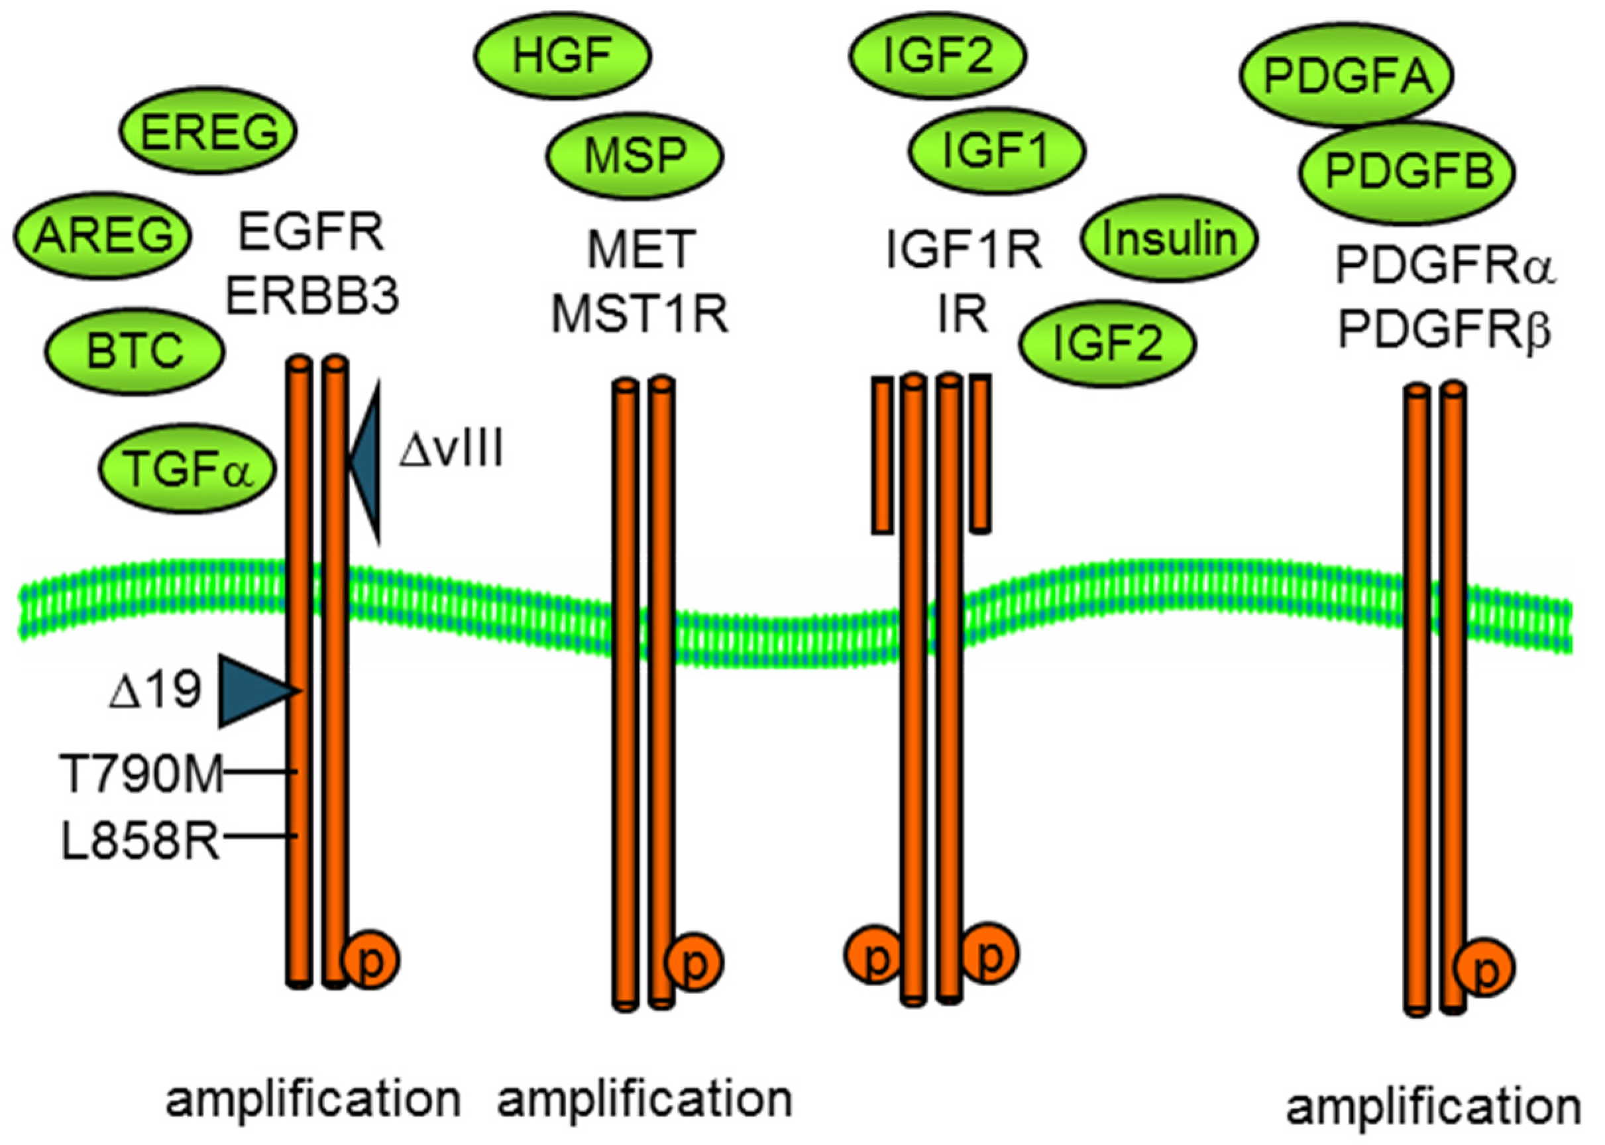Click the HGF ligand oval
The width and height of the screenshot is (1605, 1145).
point(562,55)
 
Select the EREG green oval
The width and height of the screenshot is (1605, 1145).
point(209,131)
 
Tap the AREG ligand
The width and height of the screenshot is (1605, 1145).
point(103,235)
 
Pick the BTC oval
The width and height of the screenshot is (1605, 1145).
point(135,351)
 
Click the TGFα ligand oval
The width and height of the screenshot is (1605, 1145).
point(188,468)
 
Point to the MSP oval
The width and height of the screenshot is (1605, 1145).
point(635,155)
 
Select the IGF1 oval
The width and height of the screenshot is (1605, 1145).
point(996,151)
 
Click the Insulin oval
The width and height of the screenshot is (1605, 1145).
point(1169,239)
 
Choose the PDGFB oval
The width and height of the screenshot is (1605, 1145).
point(1408,172)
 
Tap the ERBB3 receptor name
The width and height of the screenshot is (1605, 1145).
point(312,296)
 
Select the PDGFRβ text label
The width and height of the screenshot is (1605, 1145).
point(1444,330)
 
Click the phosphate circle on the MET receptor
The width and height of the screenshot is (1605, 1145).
point(694,961)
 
